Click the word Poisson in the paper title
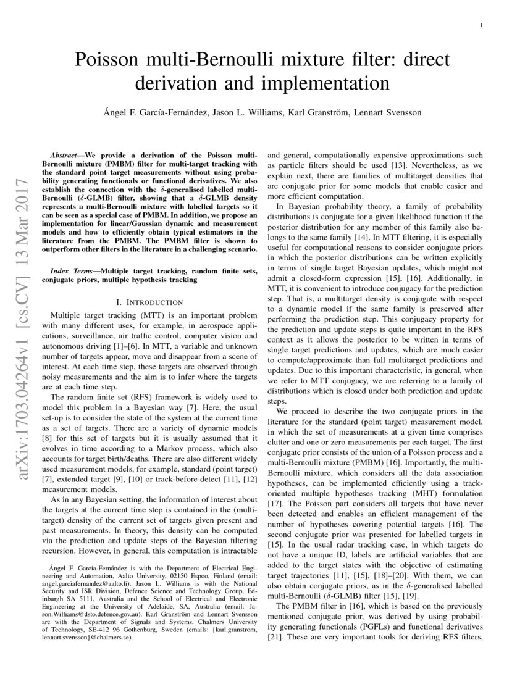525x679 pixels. pyautogui.click(x=106, y=61)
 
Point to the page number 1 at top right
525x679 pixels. pyautogui.click(x=481, y=25)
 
